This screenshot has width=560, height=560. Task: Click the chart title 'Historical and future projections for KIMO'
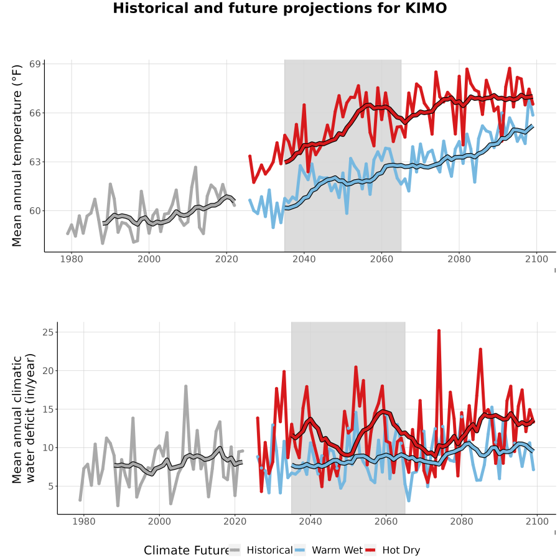279,8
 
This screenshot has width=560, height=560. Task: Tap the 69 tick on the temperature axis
35,64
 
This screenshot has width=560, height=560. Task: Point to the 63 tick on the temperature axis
35,162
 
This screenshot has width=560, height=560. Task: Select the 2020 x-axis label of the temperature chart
226,259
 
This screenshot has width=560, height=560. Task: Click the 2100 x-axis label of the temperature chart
536,259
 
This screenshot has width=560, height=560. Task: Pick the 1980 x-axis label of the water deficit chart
84,521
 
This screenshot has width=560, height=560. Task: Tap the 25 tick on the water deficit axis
47,332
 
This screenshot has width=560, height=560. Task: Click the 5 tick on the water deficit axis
50,487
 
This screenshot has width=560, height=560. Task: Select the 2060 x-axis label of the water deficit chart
386,521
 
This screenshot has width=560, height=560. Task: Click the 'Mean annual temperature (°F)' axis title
16,156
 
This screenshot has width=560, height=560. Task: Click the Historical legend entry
261,551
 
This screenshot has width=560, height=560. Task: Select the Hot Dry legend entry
393,551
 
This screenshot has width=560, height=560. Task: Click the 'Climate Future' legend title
186,551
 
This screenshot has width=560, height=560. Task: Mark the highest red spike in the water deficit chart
439,331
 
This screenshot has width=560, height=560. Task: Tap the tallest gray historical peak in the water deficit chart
185,386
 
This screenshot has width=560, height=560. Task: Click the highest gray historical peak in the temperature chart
196,167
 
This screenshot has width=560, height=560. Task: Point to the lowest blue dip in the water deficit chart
409,501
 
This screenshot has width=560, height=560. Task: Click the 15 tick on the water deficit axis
47,409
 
